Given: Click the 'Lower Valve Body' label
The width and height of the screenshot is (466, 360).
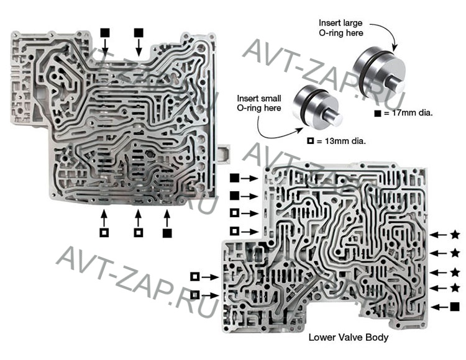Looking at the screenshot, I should [348, 338].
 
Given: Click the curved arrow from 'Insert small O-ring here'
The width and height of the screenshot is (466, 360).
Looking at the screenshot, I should [273, 129].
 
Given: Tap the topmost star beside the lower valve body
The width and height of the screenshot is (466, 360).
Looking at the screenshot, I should [455, 235].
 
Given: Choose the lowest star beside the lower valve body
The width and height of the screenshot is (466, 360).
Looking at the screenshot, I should [455, 287].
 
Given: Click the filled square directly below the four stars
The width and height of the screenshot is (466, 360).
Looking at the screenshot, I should [455, 306].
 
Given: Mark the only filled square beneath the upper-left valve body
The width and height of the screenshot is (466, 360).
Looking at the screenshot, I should [167, 233].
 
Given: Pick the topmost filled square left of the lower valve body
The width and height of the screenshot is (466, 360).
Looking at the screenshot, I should [234, 178].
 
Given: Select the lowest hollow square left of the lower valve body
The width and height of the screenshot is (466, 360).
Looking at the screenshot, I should [195, 294].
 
